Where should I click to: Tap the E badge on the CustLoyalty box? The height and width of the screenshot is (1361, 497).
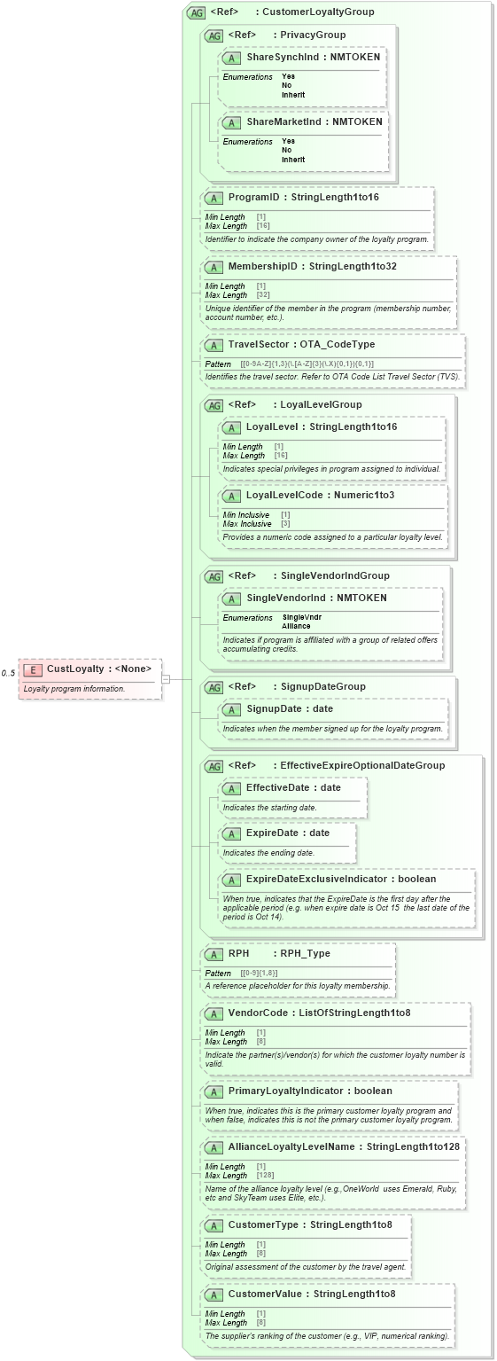click(34, 669)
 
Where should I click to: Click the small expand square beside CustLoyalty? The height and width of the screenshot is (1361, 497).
click(166, 679)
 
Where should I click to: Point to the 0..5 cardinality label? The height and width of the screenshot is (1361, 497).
click(8, 673)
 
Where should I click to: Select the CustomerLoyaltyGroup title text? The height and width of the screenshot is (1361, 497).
click(318, 12)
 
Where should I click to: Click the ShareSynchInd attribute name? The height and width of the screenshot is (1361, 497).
click(283, 57)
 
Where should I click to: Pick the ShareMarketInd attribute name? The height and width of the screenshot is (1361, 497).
click(283, 121)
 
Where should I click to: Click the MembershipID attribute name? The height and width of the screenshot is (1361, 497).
click(264, 266)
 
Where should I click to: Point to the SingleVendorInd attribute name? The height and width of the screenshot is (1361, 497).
click(286, 598)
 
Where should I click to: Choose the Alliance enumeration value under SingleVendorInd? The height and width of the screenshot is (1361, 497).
click(296, 626)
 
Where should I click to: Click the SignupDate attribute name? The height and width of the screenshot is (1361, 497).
click(276, 708)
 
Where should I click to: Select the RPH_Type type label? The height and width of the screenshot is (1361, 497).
click(305, 954)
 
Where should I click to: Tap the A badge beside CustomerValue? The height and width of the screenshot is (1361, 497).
click(214, 1294)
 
